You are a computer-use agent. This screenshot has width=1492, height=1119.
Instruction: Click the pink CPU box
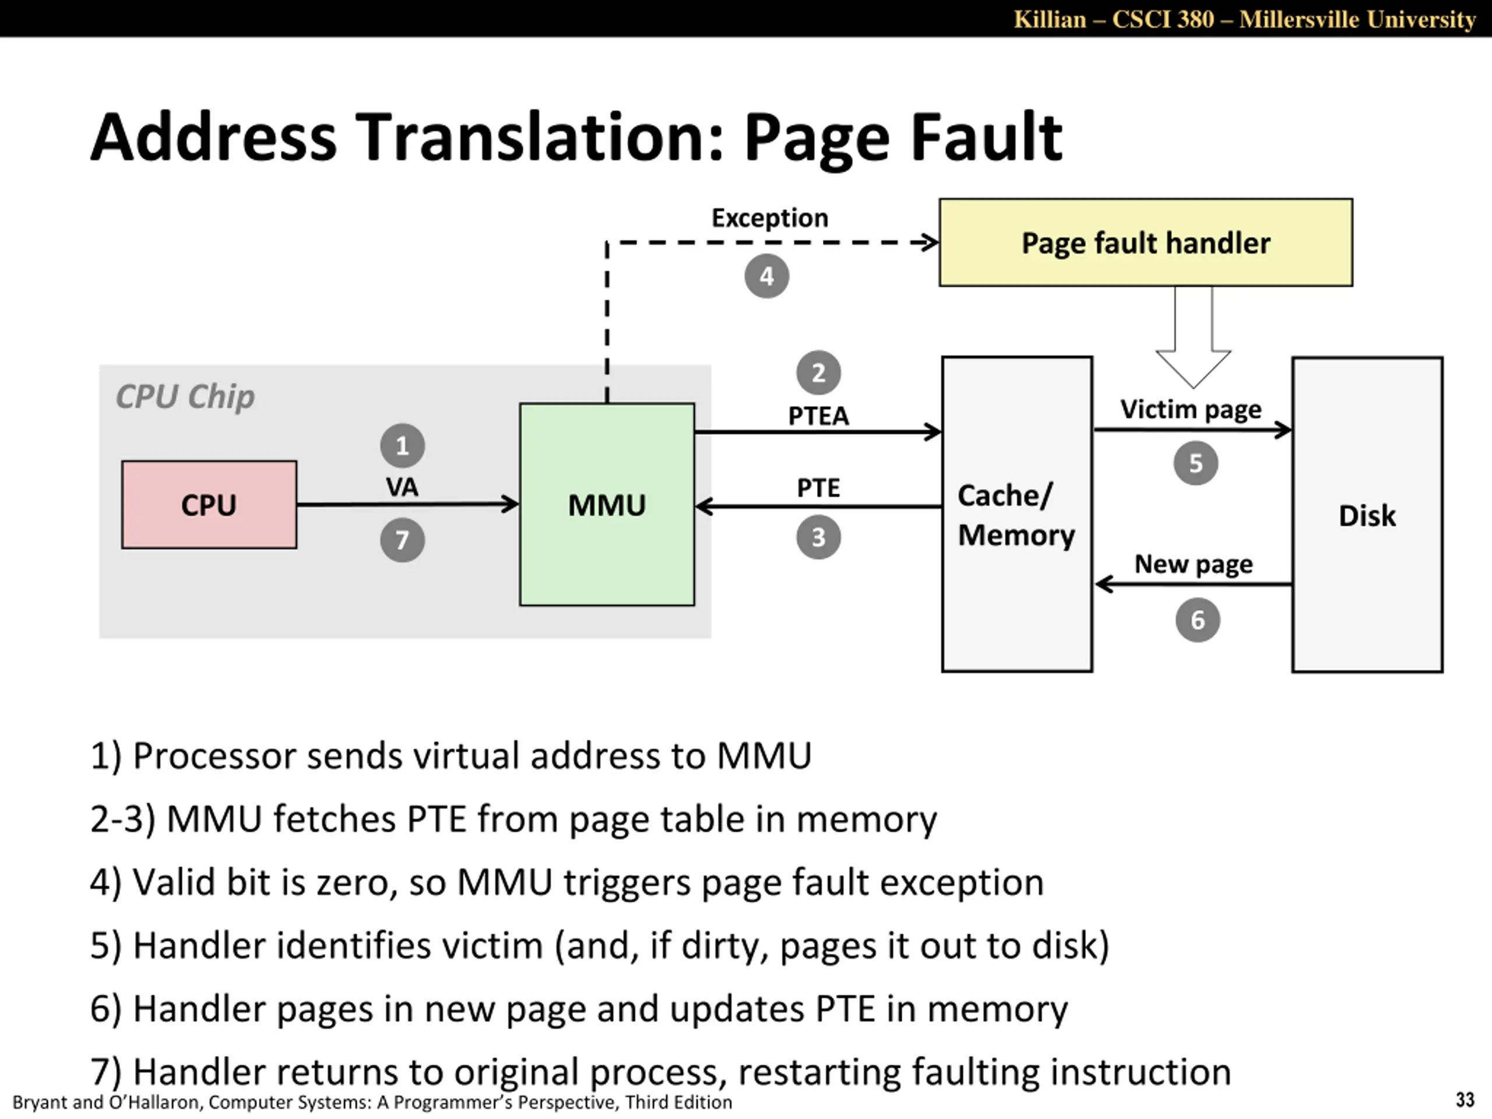click(x=209, y=505)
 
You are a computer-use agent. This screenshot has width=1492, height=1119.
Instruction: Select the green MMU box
click(x=607, y=505)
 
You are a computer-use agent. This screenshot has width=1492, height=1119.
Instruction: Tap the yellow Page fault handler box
click(x=1146, y=242)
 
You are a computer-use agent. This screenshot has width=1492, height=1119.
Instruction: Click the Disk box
click(x=1367, y=515)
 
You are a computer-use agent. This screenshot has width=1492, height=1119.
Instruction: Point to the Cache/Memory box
click(x=1017, y=514)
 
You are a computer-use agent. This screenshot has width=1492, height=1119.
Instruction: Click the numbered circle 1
click(x=403, y=446)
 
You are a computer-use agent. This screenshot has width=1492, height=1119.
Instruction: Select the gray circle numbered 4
click(x=767, y=276)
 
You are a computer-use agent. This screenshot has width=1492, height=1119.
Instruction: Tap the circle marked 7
click(x=403, y=540)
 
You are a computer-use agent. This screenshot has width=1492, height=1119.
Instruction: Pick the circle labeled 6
click(x=1198, y=620)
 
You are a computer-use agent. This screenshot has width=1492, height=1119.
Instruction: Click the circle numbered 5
click(x=1196, y=463)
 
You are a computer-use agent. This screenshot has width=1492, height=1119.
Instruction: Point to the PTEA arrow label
click(x=819, y=416)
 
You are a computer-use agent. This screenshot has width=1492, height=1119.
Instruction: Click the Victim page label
click(x=1191, y=409)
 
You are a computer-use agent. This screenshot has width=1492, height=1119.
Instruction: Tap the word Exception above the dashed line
click(x=770, y=218)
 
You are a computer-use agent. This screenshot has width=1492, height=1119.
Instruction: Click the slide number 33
click(x=1465, y=1100)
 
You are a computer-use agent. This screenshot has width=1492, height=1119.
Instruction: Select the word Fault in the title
click(x=986, y=137)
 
